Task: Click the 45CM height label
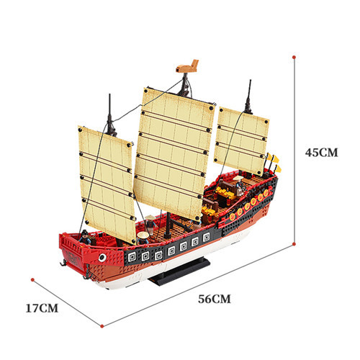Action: point(321,153)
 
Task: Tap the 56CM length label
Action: point(215,299)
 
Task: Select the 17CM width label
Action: point(42,308)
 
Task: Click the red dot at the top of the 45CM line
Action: point(294,57)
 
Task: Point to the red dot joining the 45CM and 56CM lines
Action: point(294,244)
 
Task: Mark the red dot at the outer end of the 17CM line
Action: point(32,280)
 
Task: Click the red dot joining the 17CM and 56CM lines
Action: point(102,326)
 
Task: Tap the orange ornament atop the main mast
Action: point(187,66)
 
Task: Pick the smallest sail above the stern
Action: point(241,141)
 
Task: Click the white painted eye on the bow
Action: point(102,258)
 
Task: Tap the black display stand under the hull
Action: point(179,271)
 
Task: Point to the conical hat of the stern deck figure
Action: point(238,179)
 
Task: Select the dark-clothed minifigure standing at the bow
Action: point(85,237)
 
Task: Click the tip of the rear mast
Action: point(251,80)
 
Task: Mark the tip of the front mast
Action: point(109,94)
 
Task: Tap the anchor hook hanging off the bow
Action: point(63,263)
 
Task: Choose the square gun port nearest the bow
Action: point(132,257)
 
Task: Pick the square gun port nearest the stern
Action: point(206,238)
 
